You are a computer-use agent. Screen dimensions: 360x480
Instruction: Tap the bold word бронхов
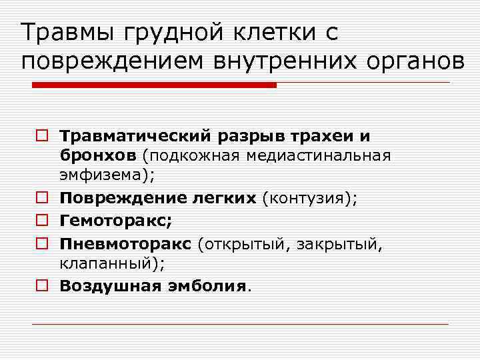pos(98,155)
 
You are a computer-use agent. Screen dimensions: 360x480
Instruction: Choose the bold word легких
pos(225,198)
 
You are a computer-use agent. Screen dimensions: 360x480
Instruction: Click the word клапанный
pos(109,263)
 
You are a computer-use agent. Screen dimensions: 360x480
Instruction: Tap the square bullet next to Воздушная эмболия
pos(42,285)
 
